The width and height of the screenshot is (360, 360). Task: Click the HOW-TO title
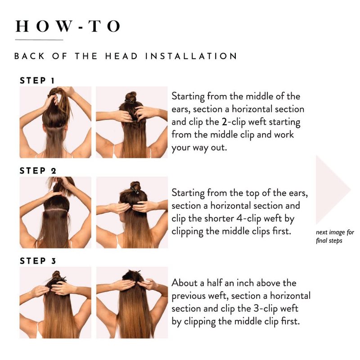[68, 26]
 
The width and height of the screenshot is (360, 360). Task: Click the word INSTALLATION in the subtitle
[191, 56]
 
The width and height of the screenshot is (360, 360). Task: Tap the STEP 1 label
[37, 81]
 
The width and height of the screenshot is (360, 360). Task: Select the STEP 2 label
[38, 171]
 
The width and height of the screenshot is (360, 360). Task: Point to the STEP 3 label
[38, 261]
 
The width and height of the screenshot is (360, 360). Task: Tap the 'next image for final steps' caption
[335, 236]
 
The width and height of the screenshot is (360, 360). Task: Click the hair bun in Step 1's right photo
[130, 97]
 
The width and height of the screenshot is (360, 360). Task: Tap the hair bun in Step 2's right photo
[135, 186]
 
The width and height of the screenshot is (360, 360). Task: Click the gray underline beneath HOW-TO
[39, 40]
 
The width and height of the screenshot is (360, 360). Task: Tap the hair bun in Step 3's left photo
[56, 274]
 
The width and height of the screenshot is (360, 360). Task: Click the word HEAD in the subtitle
[121, 56]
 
